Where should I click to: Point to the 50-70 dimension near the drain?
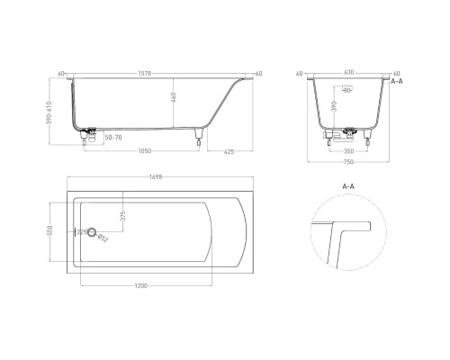tap(114, 137)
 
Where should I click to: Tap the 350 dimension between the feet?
tap(348, 152)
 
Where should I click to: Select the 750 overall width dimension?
tap(348, 165)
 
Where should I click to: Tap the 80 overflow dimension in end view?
tap(346, 91)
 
